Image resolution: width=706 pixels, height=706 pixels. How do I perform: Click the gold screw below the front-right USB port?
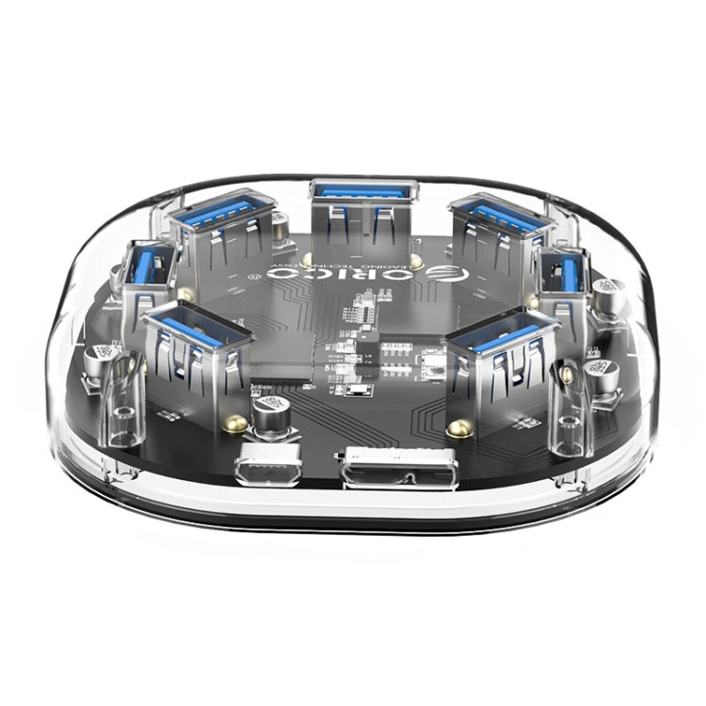click(458, 428)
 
